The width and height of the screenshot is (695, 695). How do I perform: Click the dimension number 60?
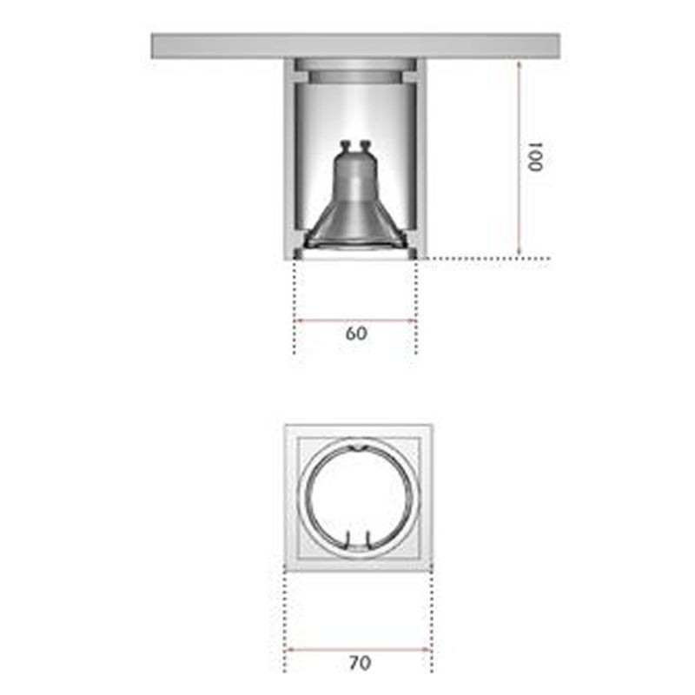[x=356, y=334]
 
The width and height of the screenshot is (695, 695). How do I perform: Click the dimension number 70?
[x=360, y=663]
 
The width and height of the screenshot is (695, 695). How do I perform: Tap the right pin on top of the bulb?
[x=366, y=147]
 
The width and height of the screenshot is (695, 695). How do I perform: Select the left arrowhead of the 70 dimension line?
[x=289, y=648]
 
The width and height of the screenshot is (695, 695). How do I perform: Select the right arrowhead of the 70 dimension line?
[x=427, y=648]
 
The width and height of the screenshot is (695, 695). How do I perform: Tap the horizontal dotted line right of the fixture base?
[x=486, y=258]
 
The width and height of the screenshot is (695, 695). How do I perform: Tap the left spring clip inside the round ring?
[x=347, y=539]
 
